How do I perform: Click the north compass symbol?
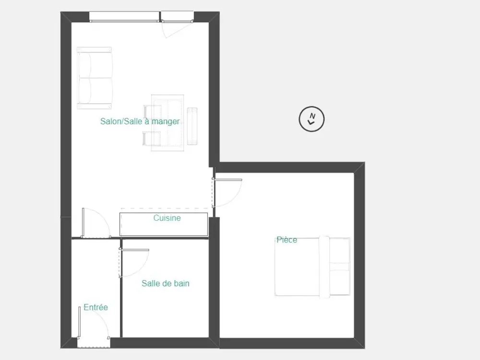[x=312, y=119]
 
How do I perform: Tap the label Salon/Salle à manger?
[x=140, y=121]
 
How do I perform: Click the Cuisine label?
[x=167, y=218]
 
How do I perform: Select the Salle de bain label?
[x=165, y=284]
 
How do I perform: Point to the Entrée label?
[x=96, y=307]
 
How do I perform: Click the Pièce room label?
[x=287, y=240]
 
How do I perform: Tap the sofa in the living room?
[x=94, y=78]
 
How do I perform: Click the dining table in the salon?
[x=168, y=123]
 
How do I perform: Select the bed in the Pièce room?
[x=312, y=266]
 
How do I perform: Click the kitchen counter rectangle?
[x=164, y=224]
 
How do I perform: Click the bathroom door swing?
[x=134, y=263]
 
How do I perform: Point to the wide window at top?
[x=124, y=17]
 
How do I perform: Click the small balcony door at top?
[x=177, y=24]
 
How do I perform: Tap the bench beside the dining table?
[x=192, y=126]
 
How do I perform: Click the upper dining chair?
[x=153, y=112]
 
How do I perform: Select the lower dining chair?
[x=152, y=139]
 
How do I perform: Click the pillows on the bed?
[x=339, y=266]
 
